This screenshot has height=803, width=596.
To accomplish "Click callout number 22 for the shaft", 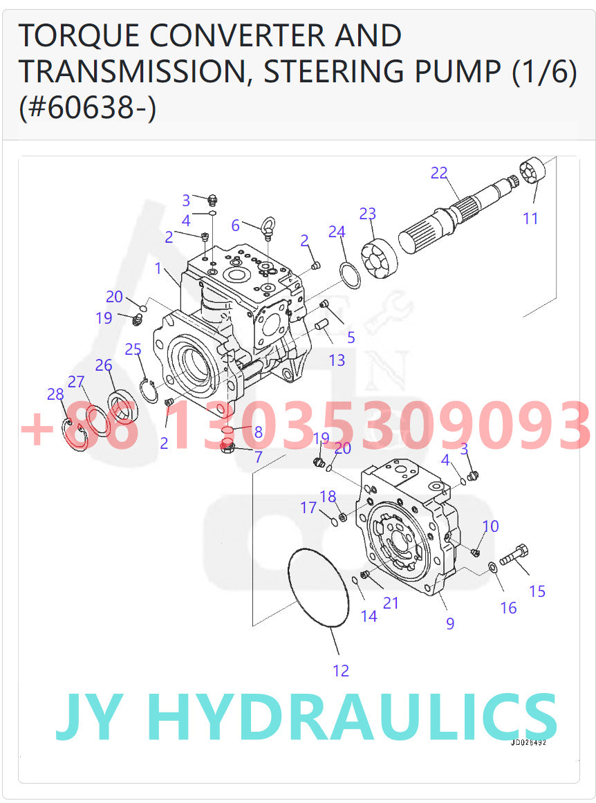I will click(x=439, y=173).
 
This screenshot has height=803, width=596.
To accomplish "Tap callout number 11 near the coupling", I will click(x=530, y=219).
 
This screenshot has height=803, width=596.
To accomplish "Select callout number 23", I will click(x=367, y=214).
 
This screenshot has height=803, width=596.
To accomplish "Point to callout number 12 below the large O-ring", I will click(x=341, y=670).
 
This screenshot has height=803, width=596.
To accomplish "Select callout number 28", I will click(x=55, y=394).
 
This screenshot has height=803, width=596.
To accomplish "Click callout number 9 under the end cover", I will click(x=450, y=623).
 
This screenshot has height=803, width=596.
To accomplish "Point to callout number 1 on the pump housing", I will click(x=158, y=268).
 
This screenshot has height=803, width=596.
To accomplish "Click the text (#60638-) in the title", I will click(x=87, y=108).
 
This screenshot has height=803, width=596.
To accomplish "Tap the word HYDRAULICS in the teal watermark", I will click(x=353, y=717).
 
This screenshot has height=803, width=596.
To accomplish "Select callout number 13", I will click(x=337, y=360).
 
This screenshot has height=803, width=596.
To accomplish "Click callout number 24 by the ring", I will click(x=337, y=232).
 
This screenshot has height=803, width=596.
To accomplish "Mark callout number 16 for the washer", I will click(x=508, y=608).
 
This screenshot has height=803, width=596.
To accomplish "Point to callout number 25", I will click(x=133, y=349).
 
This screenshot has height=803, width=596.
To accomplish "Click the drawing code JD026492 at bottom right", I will click(x=528, y=743).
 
